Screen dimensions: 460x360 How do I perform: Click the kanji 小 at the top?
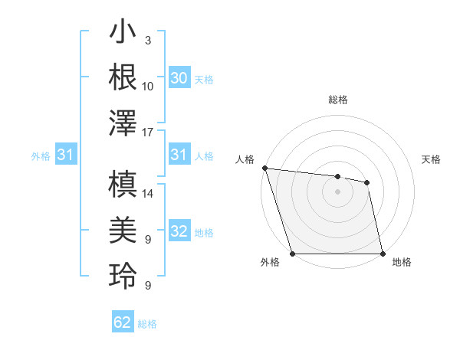coord(123,35)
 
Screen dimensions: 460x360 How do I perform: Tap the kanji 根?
coord(123,78)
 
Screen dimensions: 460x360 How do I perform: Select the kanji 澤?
coord(123,123)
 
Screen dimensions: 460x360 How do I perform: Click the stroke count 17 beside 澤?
coord(148,133)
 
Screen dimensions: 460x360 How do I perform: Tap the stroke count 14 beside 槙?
coord(148,195)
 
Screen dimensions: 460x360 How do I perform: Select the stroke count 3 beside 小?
coord(147,41)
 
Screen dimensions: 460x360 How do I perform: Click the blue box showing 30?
coord(179,78)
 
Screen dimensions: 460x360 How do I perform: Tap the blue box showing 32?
coord(179,232)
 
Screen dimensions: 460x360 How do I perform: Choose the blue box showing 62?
coord(123,322)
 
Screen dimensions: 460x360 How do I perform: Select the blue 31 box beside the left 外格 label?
coord(65,155)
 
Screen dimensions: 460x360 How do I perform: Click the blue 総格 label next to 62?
coord(147,324)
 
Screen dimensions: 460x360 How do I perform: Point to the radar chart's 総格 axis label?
coord(337,100)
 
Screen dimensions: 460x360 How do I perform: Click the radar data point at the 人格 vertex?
coord(264,168)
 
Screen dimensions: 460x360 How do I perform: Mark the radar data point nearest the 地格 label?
coord(382,254)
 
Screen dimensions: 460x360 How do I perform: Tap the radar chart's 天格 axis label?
coord(432,159)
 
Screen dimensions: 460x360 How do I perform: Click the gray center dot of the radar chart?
coord(337,191)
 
